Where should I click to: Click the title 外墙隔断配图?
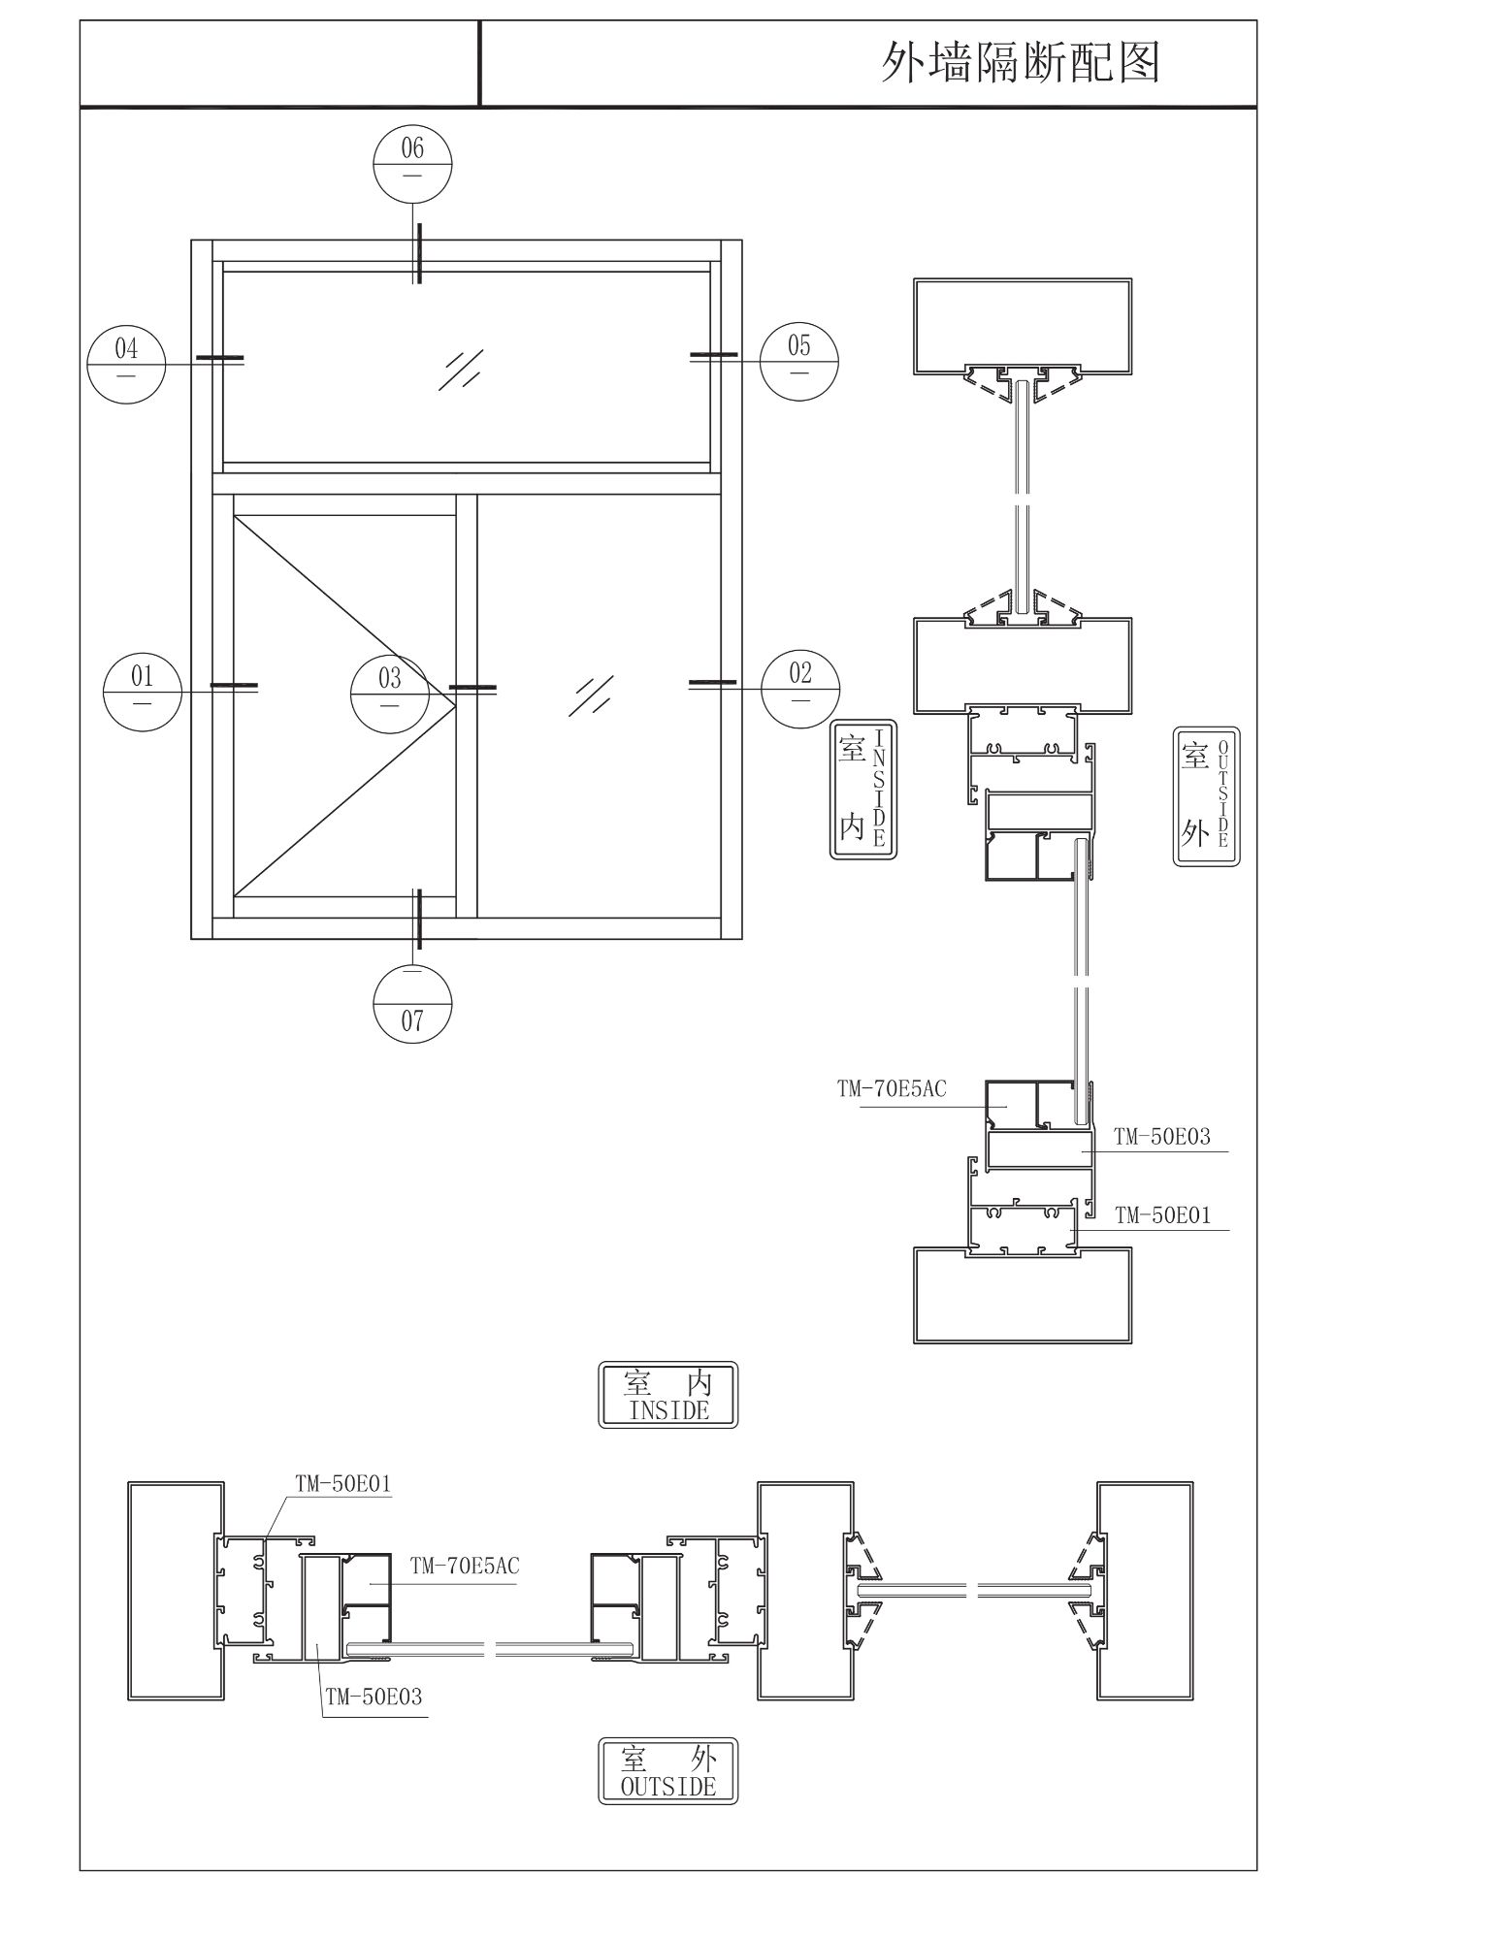pyautogui.click(x=1020, y=63)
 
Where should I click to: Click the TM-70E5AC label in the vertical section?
pyautogui.click(x=892, y=1089)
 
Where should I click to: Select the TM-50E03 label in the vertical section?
pyautogui.click(x=1162, y=1137)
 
